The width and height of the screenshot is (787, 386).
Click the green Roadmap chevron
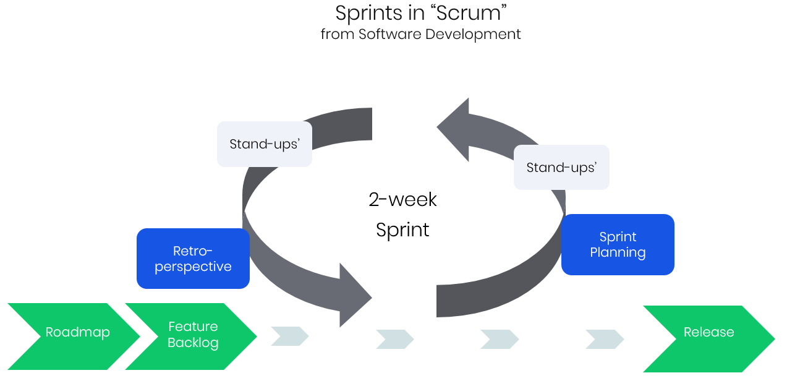point(74,336)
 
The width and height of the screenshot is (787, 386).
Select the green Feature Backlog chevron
point(192,336)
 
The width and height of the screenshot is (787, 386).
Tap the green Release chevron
point(708,338)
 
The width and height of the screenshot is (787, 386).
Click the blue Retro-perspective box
point(193,259)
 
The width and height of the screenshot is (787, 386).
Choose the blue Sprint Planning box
point(618,244)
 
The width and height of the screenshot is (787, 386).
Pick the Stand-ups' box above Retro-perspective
point(265,144)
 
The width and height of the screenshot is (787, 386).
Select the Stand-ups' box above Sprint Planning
point(561,167)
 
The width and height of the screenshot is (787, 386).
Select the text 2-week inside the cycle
point(402,199)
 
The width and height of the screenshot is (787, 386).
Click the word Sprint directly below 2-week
point(402,230)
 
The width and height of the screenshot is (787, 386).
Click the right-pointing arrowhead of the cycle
point(355,296)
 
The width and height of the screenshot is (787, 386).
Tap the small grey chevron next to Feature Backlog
point(289,336)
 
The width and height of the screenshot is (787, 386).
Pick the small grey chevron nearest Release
point(605,339)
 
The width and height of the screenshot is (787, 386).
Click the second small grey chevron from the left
point(395,339)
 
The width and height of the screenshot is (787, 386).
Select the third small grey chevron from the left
point(500,339)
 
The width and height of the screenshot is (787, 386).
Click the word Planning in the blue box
point(618,252)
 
